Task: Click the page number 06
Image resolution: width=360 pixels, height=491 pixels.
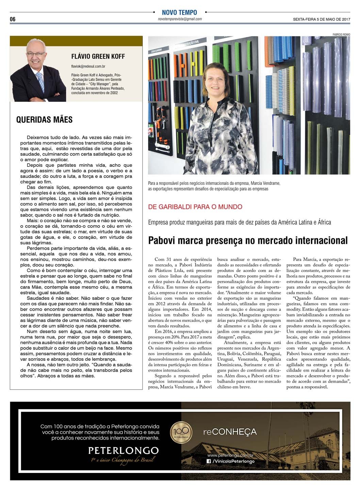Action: [x=13, y=19]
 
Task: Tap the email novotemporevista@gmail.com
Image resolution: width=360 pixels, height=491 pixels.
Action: [x=180, y=19]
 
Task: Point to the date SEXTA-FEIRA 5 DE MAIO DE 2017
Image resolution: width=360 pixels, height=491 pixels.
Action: [x=322, y=19]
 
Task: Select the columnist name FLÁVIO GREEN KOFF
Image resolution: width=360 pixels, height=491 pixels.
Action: [x=98, y=56]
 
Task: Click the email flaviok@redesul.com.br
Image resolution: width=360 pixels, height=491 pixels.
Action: [x=88, y=67]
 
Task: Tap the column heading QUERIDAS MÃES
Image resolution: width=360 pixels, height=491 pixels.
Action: [x=44, y=119]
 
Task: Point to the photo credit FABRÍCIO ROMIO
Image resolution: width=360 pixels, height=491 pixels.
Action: [x=341, y=34]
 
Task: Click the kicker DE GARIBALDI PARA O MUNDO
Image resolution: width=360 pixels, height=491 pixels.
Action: [x=195, y=207]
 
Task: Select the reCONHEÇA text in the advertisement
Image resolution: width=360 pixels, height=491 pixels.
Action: [x=230, y=432]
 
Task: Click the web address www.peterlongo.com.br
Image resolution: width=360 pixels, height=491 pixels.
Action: [x=231, y=455]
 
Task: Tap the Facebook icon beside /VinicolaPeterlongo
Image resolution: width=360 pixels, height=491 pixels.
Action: [x=209, y=461]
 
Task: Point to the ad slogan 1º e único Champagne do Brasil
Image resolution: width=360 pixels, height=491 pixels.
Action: [x=123, y=460]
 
